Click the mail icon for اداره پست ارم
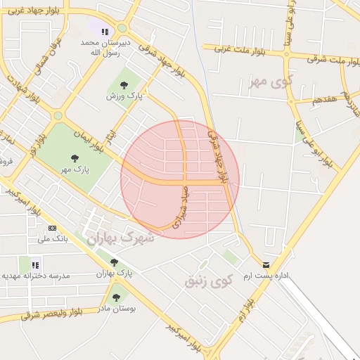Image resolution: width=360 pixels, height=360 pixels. coord(266,265)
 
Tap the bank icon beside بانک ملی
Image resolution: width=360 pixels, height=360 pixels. coord(52,229)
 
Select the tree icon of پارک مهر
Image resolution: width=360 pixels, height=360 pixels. coord(75,158)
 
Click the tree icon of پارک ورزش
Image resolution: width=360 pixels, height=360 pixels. coord(124,86)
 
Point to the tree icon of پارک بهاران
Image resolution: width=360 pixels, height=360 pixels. coord(114,262)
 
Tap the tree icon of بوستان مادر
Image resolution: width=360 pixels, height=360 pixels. coord(116,297)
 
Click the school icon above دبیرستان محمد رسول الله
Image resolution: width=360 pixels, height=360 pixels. coord(105,32)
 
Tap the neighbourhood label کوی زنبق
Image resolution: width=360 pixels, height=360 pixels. coord(208,281)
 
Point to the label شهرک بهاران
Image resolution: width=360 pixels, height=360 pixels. coord(119,239)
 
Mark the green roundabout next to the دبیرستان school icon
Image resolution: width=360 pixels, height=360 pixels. coord(122,28)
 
